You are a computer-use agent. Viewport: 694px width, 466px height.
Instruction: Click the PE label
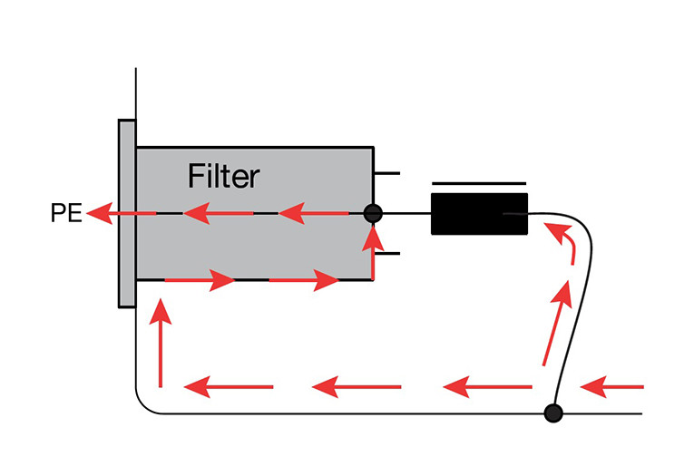pos(65,215)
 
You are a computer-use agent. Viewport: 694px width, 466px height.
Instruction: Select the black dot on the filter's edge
pos(373,214)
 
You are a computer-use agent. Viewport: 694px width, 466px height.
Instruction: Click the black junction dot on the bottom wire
pos(552,413)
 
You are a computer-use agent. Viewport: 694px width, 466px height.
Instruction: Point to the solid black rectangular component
pos(479,214)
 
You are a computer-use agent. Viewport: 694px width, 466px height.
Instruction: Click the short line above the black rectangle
pos(479,182)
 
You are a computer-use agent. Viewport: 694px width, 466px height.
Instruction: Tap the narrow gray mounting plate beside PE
pos(126,213)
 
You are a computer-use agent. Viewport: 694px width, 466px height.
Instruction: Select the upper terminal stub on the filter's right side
pos(387,172)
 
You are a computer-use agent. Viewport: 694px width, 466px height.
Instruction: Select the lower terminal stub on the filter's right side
pos(387,254)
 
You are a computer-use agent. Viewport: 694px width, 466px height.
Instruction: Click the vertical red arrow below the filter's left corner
pos(161,345)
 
